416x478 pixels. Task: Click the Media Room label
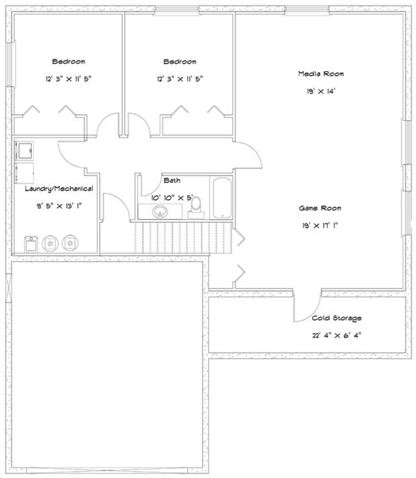pos(321,74)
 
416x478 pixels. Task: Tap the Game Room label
pos(320,207)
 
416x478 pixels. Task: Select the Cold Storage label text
pos(336,318)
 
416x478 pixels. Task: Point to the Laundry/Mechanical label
pos(58,189)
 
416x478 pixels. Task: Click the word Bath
pos(171,180)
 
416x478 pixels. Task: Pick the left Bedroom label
pos(69,60)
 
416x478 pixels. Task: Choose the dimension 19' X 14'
pos(321,92)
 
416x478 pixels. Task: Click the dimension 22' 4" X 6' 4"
pos(336,335)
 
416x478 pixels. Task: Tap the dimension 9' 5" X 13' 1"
pos(58,205)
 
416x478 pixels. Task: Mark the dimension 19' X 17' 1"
pos(320,225)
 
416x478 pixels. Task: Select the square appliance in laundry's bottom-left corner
pos(31,243)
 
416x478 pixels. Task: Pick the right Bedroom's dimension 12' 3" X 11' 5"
pos(180,78)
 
